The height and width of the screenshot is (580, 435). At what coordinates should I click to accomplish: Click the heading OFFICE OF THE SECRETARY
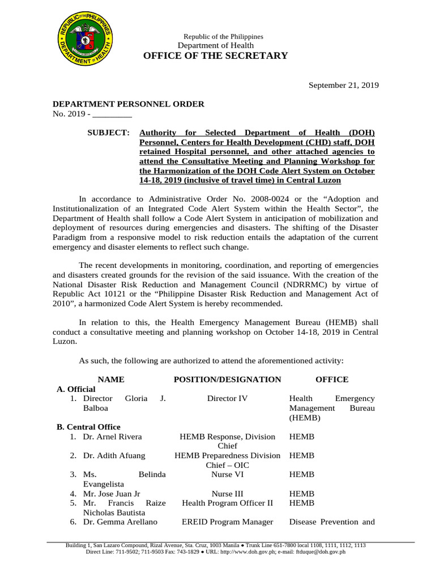point(216,56)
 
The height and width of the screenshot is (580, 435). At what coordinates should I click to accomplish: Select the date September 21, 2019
point(343,85)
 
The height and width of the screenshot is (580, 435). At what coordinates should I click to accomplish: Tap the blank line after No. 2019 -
point(112,116)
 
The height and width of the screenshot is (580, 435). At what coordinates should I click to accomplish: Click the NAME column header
point(111,379)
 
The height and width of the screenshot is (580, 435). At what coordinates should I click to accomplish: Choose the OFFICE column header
point(332,379)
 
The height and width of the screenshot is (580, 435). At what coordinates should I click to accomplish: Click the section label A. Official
point(76,389)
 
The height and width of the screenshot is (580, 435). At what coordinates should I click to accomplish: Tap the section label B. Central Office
point(89,427)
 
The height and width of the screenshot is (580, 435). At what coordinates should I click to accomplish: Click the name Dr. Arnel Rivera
point(112,437)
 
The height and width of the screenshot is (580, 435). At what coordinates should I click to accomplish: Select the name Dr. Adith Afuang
point(114,455)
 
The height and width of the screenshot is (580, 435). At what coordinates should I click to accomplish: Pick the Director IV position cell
point(227,399)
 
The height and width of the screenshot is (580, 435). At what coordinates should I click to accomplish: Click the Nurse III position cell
point(227,493)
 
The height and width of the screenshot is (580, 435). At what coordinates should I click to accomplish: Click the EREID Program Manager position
point(227,522)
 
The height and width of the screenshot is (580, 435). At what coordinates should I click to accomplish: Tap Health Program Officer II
point(227,502)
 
